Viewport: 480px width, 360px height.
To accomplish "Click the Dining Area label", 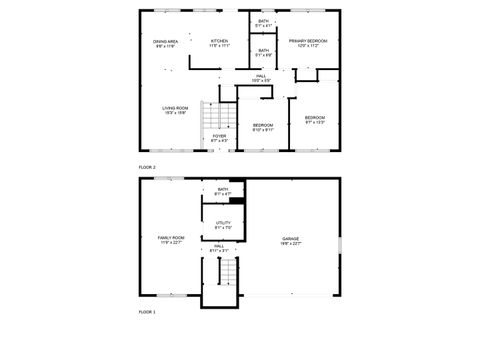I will coord(165,43).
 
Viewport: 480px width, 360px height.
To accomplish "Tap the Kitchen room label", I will coord(219,42).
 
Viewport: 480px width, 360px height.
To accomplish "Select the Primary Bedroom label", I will coord(307,42).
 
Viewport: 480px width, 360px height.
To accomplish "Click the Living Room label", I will coord(176,110).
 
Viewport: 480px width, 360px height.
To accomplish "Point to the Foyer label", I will coord(219,138).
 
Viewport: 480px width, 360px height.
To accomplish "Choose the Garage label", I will coord(290,240).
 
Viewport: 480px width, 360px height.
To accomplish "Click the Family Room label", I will coord(171,240).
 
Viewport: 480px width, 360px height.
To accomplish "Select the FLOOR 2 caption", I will coord(147,165).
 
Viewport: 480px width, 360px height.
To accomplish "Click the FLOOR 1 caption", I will coord(147,313).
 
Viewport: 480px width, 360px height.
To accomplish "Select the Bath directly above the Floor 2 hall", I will coord(263,52).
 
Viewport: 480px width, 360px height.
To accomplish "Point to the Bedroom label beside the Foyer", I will coord(262,127).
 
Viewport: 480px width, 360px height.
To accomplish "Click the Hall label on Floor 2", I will coord(260,77).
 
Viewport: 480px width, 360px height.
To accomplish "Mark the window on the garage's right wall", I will coord(340,245).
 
